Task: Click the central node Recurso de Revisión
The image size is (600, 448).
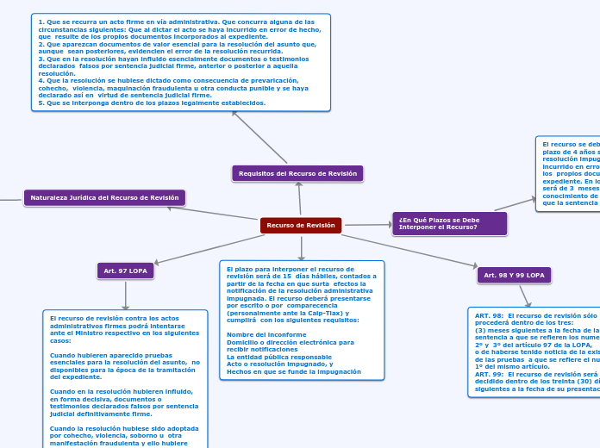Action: (x=301, y=226)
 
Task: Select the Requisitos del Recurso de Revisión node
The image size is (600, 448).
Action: (x=297, y=173)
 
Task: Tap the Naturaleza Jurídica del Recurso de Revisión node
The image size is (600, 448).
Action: (x=104, y=197)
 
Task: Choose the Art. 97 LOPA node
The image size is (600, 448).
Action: (x=125, y=271)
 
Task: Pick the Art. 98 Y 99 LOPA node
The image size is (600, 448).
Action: (x=514, y=275)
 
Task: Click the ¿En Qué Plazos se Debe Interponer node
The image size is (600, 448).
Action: (x=449, y=223)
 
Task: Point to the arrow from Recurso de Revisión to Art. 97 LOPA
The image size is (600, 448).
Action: (x=207, y=249)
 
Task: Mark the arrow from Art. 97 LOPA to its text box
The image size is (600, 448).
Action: (x=125, y=295)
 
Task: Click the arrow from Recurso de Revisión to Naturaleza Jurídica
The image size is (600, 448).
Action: (x=216, y=213)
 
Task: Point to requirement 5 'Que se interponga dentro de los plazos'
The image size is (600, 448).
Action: (x=152, y=103)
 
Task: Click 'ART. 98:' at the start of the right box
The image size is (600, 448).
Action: (x=489, y=315)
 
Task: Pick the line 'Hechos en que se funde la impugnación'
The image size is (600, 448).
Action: (x=294, y=371)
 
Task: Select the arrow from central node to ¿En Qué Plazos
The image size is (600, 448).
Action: (x=367, y=225)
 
